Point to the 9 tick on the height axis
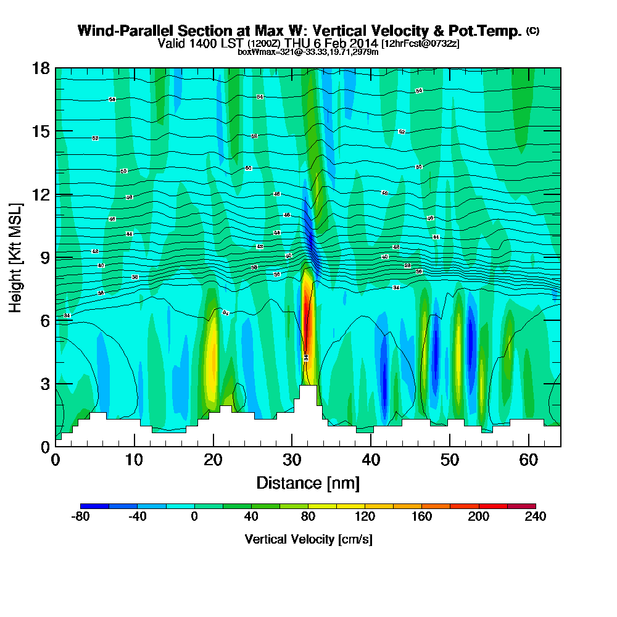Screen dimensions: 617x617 [45, 257]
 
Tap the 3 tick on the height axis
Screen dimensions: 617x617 [45, 383]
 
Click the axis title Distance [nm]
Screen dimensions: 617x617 [308, 482]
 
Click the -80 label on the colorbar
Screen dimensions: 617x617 [81, 516]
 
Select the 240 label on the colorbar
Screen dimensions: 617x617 [535, 516]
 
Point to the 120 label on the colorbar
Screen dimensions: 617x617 [365, 516]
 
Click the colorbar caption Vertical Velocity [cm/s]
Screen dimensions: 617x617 [308, 539]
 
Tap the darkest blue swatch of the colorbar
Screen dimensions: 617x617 [95, 506]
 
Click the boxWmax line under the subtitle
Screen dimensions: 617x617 [308, 52]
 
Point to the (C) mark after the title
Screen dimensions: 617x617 [532, 30]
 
